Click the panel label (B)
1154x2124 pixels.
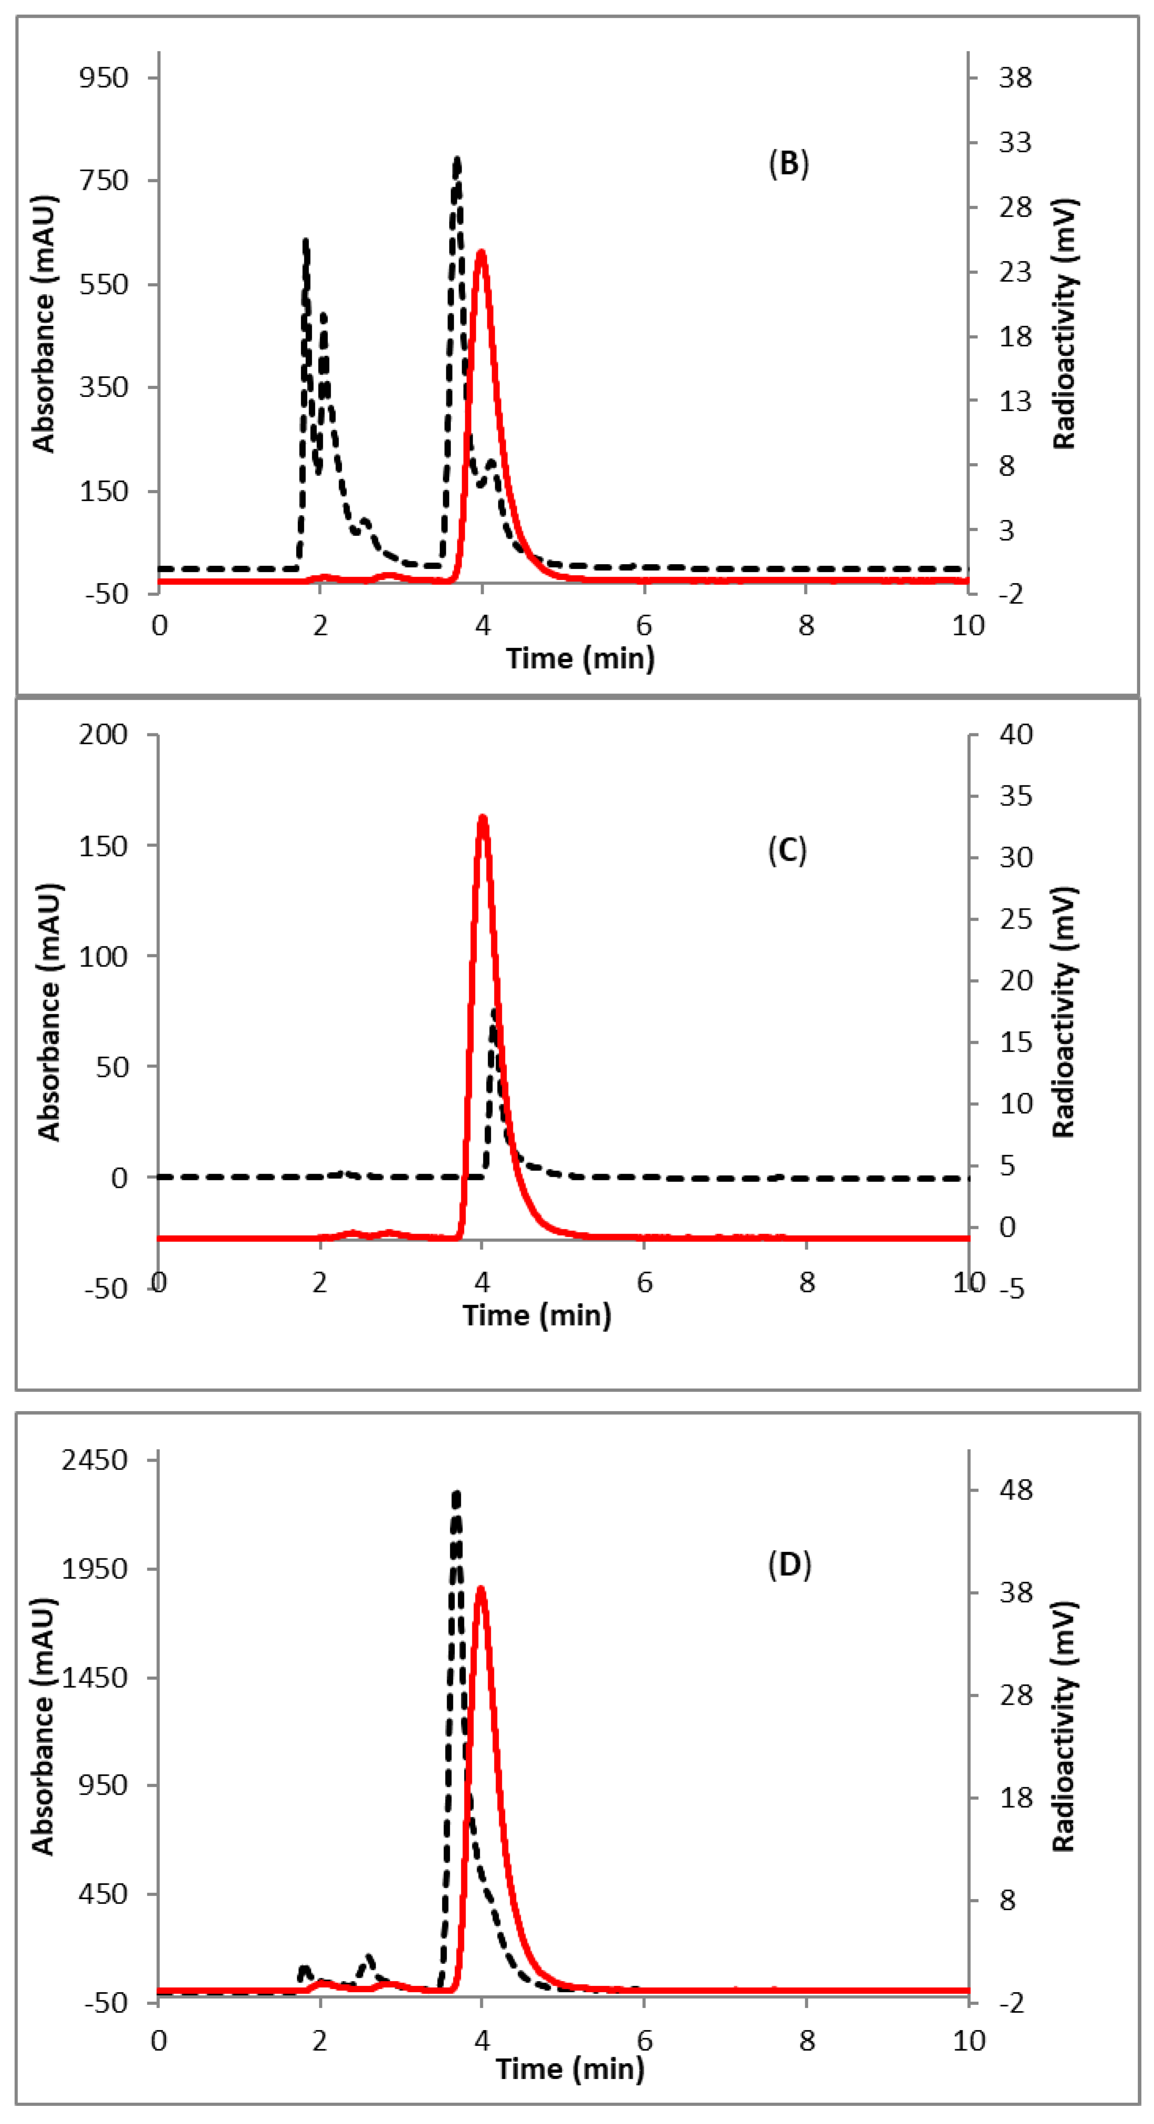click(x=788, y=164)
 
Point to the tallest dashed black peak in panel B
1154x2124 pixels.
click(x=457, y=159)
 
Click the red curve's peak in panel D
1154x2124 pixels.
click(x=481, y=1589)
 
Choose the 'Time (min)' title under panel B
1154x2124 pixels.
click(x=580, y=658)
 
